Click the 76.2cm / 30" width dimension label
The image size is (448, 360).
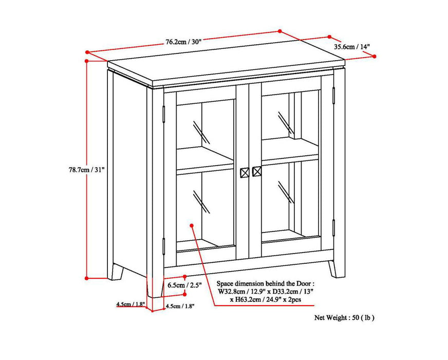183,42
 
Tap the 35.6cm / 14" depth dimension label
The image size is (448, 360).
352,47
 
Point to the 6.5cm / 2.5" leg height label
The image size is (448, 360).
184,284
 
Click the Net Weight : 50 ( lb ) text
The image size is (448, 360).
344,318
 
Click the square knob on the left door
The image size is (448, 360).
245,172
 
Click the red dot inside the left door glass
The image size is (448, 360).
192,225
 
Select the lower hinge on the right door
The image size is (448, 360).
333,227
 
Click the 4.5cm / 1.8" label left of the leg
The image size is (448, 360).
130,304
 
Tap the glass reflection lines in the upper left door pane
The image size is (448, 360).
201,132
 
